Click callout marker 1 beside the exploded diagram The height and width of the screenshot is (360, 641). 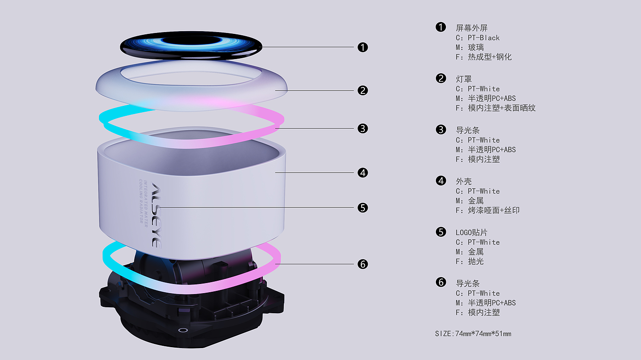point(363,47)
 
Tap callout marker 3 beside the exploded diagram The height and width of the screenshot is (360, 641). point(363,129)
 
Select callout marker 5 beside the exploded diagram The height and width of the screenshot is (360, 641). point(363,207)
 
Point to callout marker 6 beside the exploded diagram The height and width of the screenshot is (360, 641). point(363,264)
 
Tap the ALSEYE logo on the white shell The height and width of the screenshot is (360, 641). point(157,215)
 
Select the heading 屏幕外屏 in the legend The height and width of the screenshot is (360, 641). point(472,28)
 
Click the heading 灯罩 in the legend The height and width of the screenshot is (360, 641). point(464,79)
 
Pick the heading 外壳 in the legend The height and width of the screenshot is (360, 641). point(464,181)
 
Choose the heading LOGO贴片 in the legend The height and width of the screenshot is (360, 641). point(472,232)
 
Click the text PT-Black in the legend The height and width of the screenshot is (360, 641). point(483,38)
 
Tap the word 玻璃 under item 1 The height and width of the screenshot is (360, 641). point(476,48)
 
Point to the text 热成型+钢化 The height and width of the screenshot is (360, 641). point(489,57)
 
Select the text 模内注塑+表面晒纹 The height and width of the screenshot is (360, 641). point(501,108)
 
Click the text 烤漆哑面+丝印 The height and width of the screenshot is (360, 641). point(494,210)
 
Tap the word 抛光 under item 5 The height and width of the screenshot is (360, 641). point(476,262)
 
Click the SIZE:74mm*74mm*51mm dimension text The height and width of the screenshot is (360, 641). point(473,333)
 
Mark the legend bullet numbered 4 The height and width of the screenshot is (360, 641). point(441,180)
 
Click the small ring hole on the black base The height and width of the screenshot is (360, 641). point(183,330)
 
